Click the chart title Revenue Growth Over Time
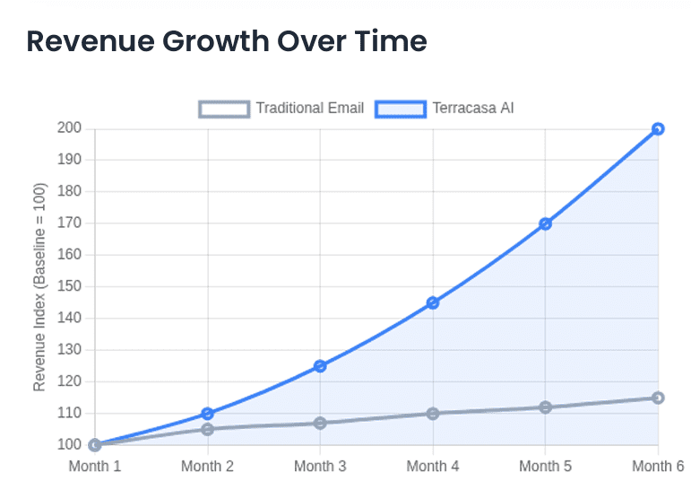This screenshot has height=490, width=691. click(x=226, y=42)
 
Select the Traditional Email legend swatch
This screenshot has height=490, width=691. click(x=224, y=109)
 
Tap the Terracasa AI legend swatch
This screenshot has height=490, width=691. click(x=401, y=109)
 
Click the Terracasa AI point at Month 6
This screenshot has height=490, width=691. click(x=658, y=128)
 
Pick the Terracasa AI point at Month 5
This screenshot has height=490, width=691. click(x=545, y=223)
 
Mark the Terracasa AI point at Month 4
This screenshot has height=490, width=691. click(x=433, y=302)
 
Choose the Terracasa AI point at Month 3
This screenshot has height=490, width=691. click(x=320, y=366)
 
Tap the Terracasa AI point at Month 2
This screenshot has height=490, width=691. click(x=208, y=414)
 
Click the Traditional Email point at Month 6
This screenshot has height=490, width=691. click(x=658, y=398)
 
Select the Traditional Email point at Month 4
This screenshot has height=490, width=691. click(x=433, y=414)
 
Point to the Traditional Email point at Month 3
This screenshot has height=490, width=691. click(x=320, y=423)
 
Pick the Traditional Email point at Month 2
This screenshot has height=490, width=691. click(x=208, y=429)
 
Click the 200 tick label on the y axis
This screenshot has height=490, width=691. click(x=71, y=128)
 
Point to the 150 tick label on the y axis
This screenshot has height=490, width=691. click(x=71, y=286)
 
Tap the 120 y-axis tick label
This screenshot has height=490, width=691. click(x=71, y=381)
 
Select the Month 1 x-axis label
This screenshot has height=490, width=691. click(x=95, y=466)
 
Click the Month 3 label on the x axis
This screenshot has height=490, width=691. click(x=320, y=466)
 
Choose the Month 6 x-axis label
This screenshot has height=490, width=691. click(x=658, y=466)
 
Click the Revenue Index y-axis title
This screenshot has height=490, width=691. click(x=39, y=287)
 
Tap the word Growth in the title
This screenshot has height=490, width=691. click(x=207, y=42)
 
